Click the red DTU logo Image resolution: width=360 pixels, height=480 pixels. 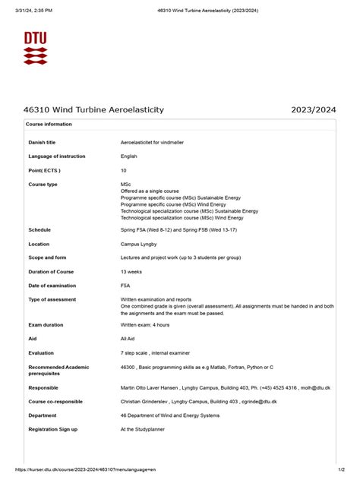[34, 48]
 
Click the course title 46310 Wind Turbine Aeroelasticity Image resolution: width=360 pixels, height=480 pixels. [93, 110]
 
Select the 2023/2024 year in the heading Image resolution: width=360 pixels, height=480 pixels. [313, 110]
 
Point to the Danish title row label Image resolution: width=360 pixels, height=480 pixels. [42, 142]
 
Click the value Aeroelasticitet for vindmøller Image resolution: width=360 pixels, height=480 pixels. [152, 142]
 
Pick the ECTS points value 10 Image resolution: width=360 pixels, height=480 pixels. [124, 170]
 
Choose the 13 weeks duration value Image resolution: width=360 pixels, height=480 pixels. [132, 271]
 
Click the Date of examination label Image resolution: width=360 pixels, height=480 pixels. [52, 286]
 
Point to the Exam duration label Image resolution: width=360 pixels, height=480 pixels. [46, 325]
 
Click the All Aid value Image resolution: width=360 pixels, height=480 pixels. [128, 339]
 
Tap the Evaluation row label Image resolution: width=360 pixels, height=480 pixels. [41, 353]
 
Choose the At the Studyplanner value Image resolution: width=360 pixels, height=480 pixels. [144, 429]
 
